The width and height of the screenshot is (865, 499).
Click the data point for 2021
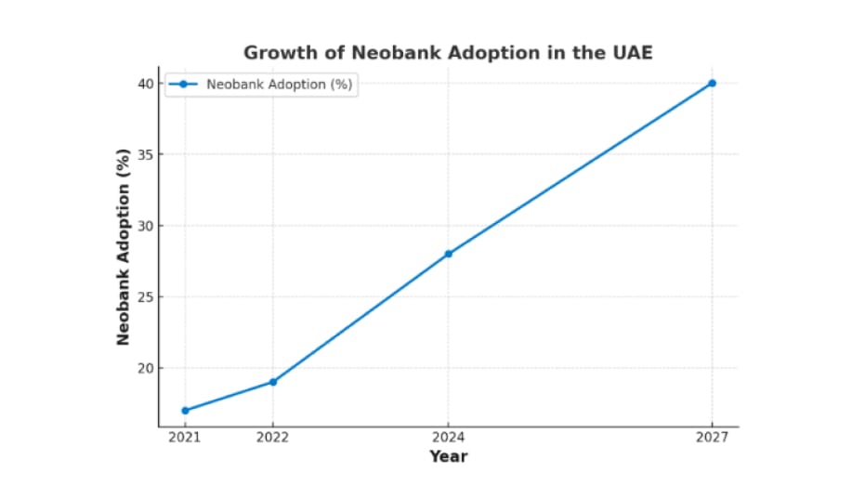185,410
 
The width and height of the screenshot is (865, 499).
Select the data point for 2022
272,382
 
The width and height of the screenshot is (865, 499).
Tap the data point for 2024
448,254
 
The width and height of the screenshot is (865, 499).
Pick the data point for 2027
712,84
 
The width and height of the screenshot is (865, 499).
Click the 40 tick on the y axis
145,84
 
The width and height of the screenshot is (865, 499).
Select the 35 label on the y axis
145,154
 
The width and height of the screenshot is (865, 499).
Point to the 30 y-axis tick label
145,226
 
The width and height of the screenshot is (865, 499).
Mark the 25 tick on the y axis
145,297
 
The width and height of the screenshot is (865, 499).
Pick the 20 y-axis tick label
145,368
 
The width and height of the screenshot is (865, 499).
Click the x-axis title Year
448,456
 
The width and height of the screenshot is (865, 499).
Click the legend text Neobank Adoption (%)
279,85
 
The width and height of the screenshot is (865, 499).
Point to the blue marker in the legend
183,85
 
